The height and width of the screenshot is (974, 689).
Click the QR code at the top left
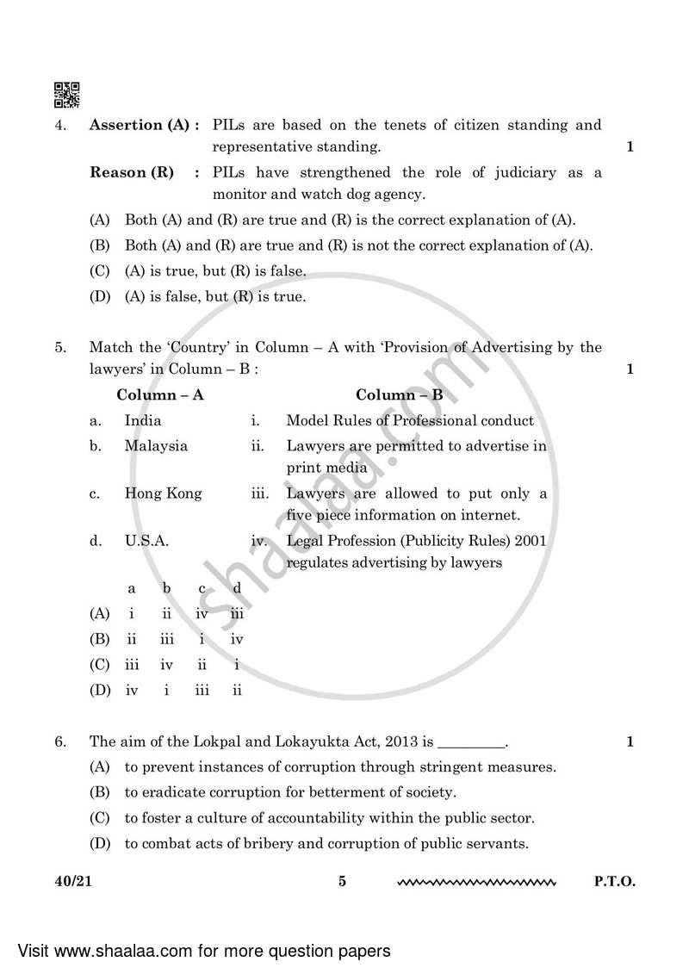(67, 96)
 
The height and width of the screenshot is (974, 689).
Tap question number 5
(59, 348)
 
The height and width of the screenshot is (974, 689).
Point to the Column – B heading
(400, 395)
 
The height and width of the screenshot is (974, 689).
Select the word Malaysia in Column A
(156, 446)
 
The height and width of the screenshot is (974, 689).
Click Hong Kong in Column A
(164, 493)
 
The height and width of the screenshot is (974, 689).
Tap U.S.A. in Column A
(146, 541)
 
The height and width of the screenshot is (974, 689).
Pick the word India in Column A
(143, 421)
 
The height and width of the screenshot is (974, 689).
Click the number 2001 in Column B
(530, 541)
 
